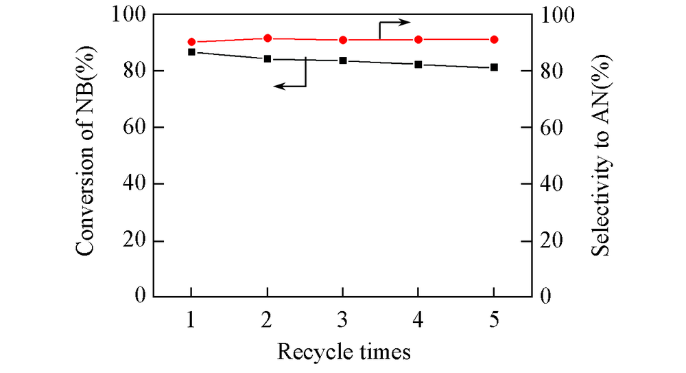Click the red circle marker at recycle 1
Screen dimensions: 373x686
point(191,42)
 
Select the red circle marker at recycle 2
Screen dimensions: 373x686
point(268,38)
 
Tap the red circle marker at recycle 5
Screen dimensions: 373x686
point(494,40)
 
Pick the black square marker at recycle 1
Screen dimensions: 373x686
point(191,52)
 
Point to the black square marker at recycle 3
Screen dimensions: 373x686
point(343,60)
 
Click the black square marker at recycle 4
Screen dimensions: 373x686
point(418,65)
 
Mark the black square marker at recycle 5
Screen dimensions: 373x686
point(494,67)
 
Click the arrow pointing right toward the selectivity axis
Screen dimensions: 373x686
point(396,23)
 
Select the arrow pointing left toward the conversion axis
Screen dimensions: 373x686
point(289,85)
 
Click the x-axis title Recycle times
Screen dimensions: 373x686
point(344,352)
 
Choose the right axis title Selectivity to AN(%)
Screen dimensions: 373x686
point(601,155)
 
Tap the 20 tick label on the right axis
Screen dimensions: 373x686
point(553,241)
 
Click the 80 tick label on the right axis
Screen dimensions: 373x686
point(553,71)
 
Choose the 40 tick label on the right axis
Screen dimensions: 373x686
point(553,184)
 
